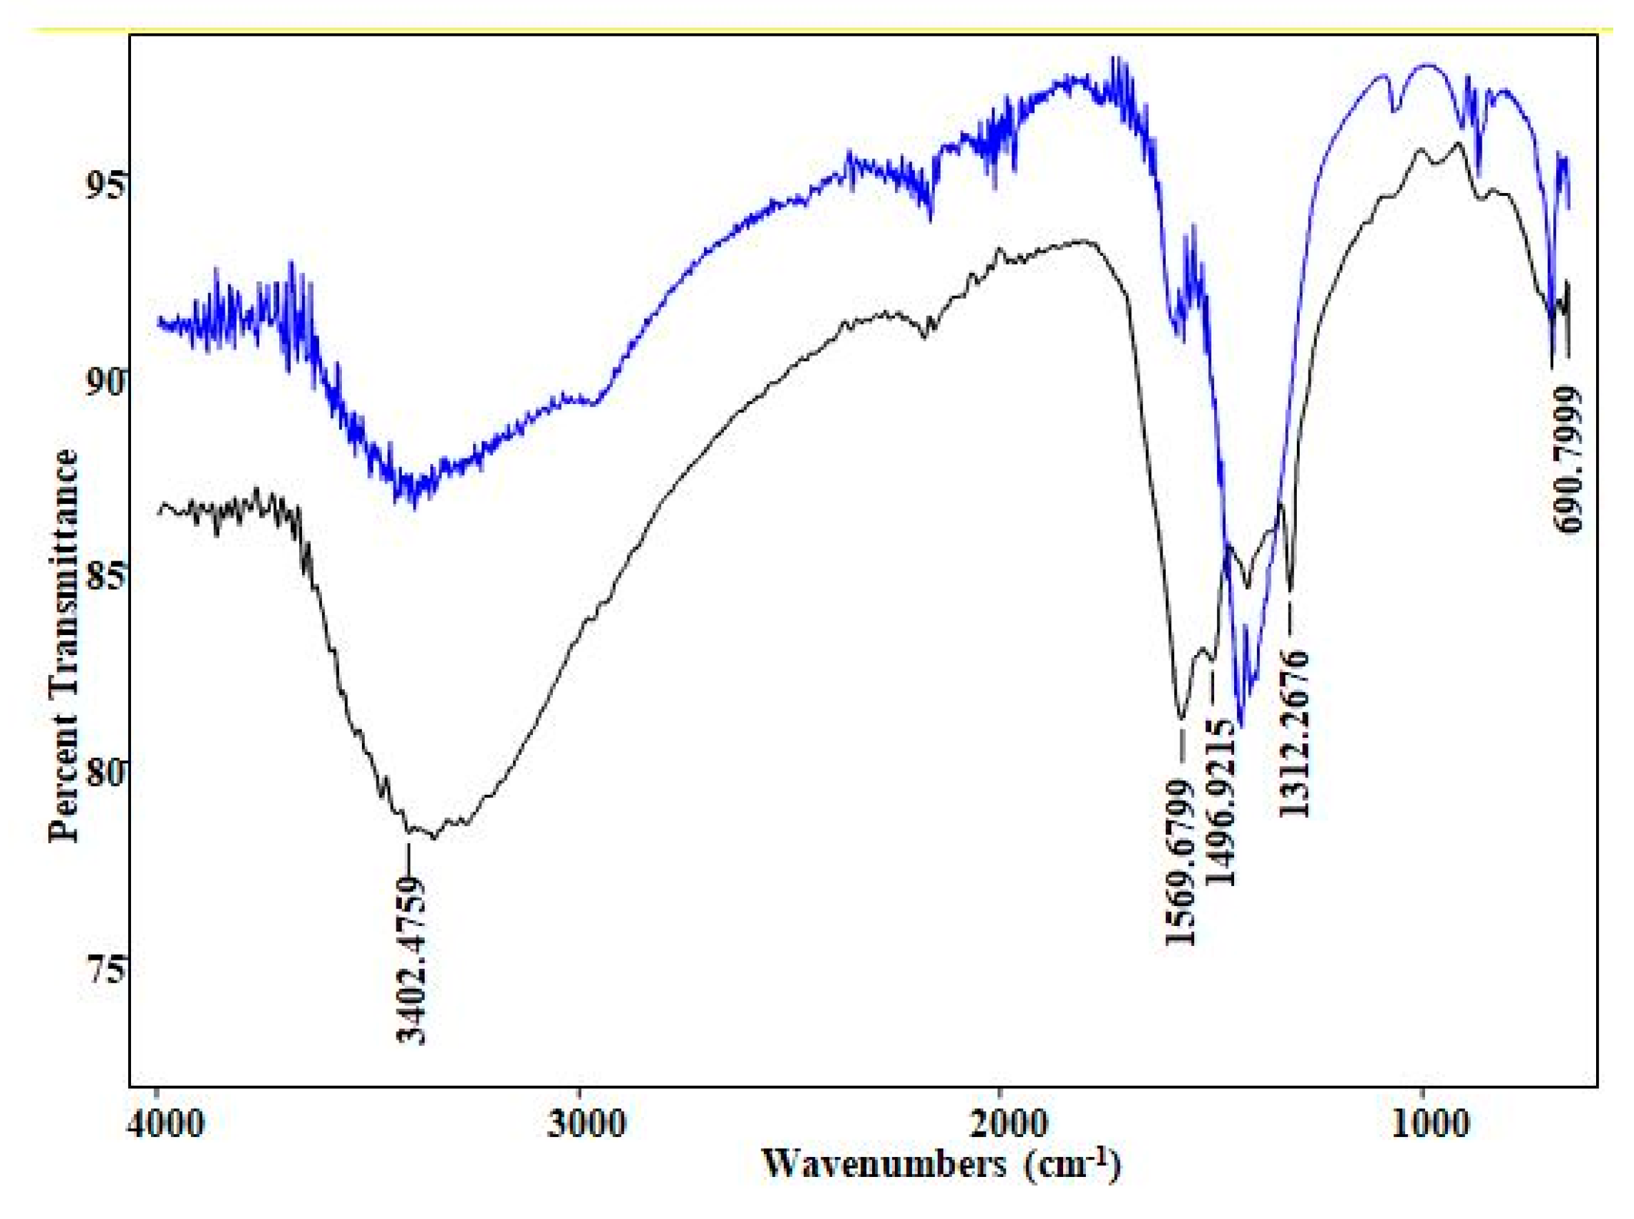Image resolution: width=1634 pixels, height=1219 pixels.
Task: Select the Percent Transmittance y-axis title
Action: pos(63,645)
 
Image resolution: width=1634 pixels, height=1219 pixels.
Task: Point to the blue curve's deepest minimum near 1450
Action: pos(1242,727)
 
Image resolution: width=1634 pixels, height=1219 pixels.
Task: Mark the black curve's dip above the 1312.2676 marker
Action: pos(1290,590)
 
